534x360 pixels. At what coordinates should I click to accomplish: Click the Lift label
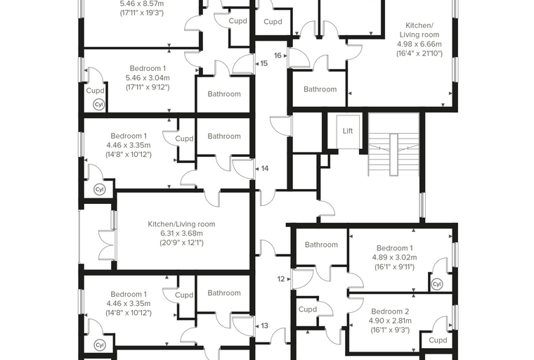(347, 131)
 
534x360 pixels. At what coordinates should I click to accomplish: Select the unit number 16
(278, 56)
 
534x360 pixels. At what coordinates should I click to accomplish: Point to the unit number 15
(264, 63)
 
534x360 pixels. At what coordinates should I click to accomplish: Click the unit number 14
(265, 169)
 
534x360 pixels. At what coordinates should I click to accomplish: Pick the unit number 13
(265, 326)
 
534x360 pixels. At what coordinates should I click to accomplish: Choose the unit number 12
(280, 279)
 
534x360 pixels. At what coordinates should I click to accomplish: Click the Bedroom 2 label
(390, 311)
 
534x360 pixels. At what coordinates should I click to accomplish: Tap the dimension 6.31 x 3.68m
(181, 233)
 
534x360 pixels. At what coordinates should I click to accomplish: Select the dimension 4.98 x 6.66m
(419, 44)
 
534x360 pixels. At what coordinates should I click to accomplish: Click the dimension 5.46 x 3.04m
(148, 78)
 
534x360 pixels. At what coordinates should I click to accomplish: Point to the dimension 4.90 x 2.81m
(390, 321)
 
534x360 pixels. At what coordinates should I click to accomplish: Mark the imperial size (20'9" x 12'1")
(181, 243)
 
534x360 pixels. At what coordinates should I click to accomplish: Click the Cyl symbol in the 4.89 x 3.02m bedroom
(436, 284)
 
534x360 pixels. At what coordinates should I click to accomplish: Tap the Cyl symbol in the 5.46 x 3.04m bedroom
(99, 105)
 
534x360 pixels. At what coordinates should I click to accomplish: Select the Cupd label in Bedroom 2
(438, 340)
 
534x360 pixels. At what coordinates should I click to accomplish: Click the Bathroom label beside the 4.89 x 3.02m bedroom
(321, 245)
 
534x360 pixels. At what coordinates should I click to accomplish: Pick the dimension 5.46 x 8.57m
(142, 4)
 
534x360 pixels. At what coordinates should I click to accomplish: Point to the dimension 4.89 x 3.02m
(394, 257)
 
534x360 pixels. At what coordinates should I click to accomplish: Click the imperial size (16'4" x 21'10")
(419, 53)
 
